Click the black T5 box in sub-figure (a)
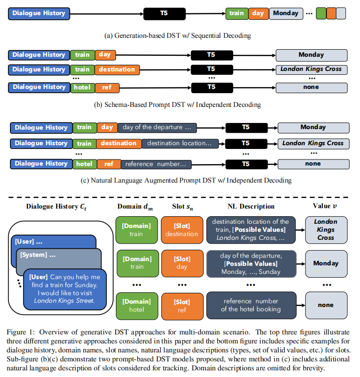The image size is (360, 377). click(164, 14)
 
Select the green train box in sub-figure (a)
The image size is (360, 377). click(236, 14)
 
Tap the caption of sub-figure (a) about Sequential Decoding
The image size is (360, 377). click(178, 35)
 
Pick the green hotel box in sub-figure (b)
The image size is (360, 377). click(82, 88)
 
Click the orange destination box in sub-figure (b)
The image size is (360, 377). click(117, 70)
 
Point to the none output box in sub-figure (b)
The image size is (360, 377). click(311, 88)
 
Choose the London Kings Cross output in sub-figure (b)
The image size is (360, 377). click(311, 70)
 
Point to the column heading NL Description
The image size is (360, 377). click(250, 206)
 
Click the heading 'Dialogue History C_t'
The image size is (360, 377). click(53, 206)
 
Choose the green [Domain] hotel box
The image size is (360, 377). click(137, 306)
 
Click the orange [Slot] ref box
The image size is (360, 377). click(182, 306)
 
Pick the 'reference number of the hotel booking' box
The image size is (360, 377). click(250, 306)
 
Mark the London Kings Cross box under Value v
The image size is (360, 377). click(325, 229)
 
